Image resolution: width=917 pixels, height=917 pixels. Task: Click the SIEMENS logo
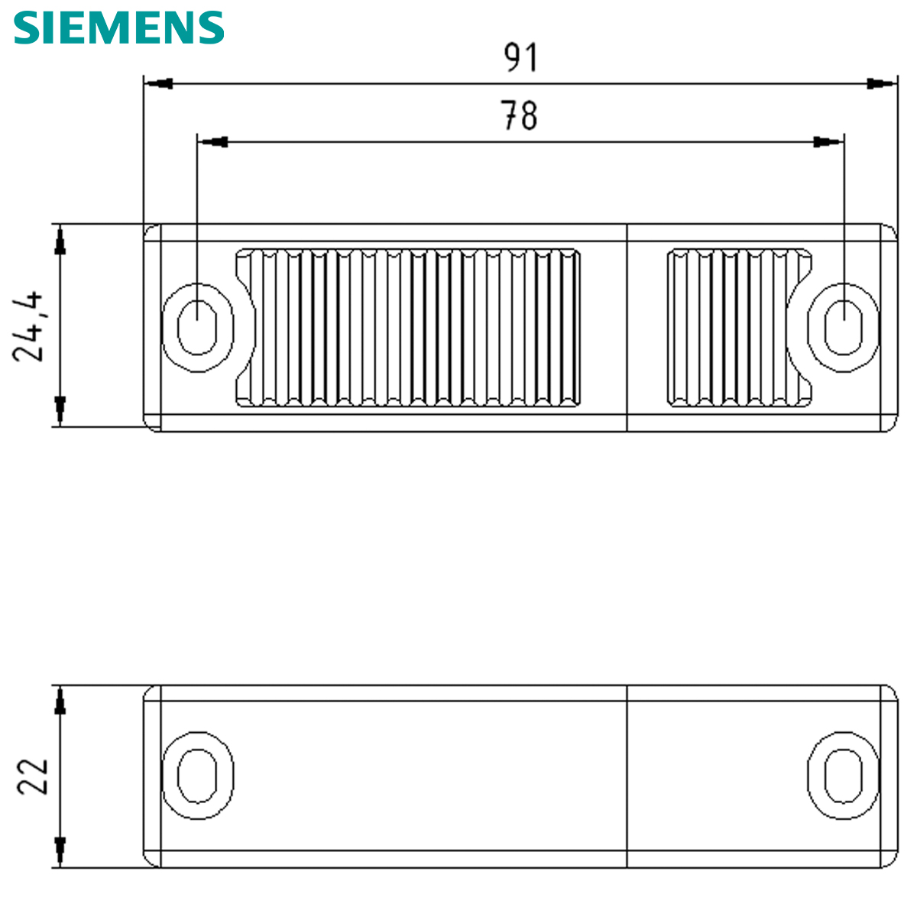click(119, 28)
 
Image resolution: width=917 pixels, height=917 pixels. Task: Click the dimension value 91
click(521, 58)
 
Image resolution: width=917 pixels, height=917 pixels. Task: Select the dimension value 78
click(520, 116)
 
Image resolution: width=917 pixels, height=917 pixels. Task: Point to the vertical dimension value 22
click(33, 776)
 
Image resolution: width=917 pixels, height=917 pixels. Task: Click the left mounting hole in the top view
click(197, 327)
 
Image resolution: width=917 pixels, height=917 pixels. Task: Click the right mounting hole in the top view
click(843, 327)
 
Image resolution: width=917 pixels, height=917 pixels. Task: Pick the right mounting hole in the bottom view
click(843, 776)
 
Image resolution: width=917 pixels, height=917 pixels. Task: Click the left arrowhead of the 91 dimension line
click(158, 83)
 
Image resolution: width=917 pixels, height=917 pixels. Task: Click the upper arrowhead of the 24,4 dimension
click(60, 241)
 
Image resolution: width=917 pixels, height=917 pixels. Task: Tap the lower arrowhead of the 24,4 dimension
click(60, 410)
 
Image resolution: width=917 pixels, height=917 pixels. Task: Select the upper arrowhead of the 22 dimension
click(60, 700)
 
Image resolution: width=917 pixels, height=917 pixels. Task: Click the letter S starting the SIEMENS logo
click(28, 28)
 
